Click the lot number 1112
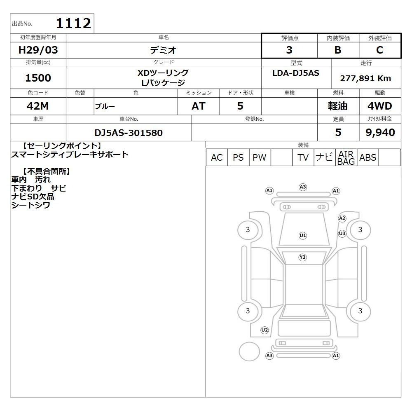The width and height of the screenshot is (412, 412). [x=74, y=23]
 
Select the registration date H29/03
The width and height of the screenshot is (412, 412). [x=38, y=50]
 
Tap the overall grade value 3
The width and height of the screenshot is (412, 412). [x=289, y=50]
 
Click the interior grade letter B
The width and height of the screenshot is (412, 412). [x=338, y=50]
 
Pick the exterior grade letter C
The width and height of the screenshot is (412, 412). [x=380, y=50]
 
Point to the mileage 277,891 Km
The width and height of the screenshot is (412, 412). [x=365, y=78]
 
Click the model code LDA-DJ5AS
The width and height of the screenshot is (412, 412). [x=296, y=73]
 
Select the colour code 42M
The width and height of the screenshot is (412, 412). [x=38, y=106]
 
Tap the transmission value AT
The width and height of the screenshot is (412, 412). [x=199, y=106]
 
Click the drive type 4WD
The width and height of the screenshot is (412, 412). [x=380, y=106]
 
